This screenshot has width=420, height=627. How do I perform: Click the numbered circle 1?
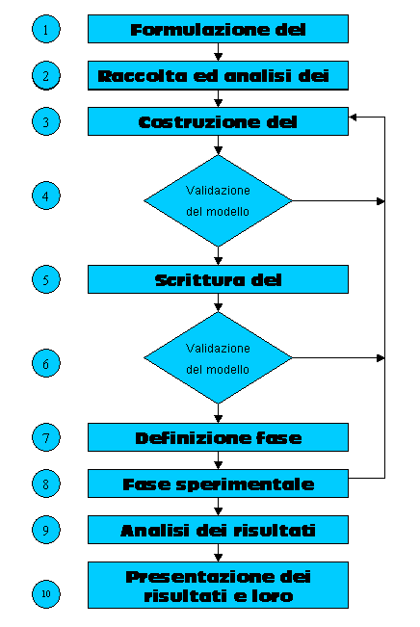[x=46, y=29]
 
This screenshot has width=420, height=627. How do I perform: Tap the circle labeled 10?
[x=46, y=594]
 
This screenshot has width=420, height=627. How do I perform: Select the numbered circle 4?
[x=46, y=196]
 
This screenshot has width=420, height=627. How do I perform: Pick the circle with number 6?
[x=46, y=363]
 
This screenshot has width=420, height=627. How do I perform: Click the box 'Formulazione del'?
[x=218, y=29]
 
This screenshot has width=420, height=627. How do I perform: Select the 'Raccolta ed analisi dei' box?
[x=218, y=75]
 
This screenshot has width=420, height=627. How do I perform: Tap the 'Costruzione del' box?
[x=218, y=121]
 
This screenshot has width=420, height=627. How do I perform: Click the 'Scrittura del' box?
[x=218, y=279]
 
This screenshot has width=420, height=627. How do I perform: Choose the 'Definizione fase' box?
[x=218, y=437]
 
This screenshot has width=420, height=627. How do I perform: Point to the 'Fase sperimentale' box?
[x=218, y=483]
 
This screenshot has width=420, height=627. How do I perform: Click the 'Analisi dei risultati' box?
[x=218, y=530]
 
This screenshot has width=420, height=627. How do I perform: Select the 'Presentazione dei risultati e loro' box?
[x=218, y=585]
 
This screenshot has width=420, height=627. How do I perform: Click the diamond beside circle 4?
[x=218, y=200]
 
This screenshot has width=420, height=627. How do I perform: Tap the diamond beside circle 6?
[x=218, y=358]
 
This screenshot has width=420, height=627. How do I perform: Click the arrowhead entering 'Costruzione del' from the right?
[x=353, y=118]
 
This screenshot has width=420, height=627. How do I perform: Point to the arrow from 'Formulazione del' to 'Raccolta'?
[x=218, y=52]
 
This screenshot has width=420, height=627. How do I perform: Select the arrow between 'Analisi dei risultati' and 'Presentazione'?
[x=218, y=553]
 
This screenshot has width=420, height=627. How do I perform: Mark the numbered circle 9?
[x=46, y=530]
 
